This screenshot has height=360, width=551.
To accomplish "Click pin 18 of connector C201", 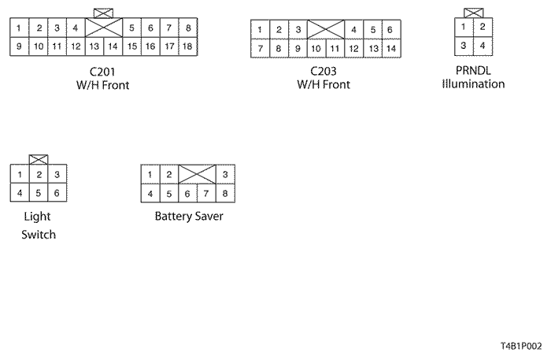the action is click(x=188, y=46).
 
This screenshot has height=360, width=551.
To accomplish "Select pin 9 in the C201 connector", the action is click(x=20, y=46).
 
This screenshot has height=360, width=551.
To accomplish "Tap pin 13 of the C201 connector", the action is click(x=94, y=46).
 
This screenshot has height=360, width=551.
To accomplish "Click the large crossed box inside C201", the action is click(x=104, y=28).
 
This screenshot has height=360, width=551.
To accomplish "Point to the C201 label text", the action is click(x=102, y=72).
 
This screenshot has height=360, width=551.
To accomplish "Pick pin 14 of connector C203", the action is click(x=391, y=49).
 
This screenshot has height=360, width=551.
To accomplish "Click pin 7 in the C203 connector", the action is click(x=260, y=49).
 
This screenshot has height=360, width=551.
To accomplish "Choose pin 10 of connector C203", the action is click(x=316, y=49).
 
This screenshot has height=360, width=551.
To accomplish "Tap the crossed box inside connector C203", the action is click(x=326, y=29).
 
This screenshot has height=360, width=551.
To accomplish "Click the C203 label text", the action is click(x=324, y=71).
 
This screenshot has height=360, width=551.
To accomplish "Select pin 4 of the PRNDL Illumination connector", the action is click(x=483, y=46).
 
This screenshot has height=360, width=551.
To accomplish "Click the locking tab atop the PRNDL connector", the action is click(x=473, y=13).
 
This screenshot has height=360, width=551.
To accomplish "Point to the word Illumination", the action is click(x=473, y=84).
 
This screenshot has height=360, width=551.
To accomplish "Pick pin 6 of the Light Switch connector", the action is click(x=57, y=193).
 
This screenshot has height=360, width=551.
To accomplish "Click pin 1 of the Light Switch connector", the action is click(x=20, y=174).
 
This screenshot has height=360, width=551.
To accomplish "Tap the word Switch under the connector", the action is click(x=39, y=235).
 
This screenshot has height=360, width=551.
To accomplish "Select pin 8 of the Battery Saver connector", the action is click(x=225, y=193).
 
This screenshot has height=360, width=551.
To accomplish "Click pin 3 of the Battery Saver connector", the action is click(x=225, y=174).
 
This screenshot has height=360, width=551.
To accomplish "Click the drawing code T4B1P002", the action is click(x=521, y=347).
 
